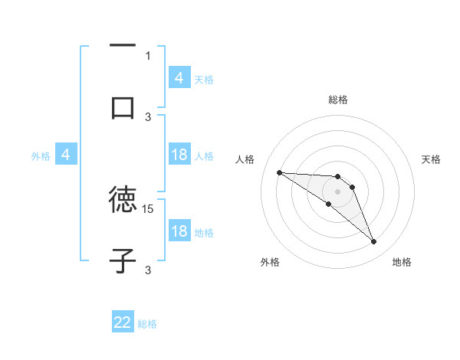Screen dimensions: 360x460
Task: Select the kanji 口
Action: coord(123,106)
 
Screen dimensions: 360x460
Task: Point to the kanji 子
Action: coord(123,260)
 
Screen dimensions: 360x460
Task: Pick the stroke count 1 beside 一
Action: coord(148,55)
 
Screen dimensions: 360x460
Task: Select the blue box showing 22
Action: coord(123,322)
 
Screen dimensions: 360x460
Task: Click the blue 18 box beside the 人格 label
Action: coord(179,155)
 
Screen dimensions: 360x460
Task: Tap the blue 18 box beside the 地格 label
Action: coord(179,232)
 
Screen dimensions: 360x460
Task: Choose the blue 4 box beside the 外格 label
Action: coord(66,155)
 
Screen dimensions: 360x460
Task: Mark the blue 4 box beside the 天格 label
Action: coord(179,78)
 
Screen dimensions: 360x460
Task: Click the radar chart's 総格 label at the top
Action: coord(338,100)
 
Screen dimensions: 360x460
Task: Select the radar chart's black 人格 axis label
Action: coord(245,159)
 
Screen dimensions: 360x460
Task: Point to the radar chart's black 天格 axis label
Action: coord(432,159)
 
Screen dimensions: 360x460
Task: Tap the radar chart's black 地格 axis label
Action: coord(402,262)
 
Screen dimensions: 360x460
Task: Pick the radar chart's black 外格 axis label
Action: coord(270,262)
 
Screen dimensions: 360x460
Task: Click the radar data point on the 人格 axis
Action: coord(279,172)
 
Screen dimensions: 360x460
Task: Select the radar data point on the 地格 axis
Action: coord(373,242)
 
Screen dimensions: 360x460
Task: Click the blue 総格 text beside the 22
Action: coord(147,324)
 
